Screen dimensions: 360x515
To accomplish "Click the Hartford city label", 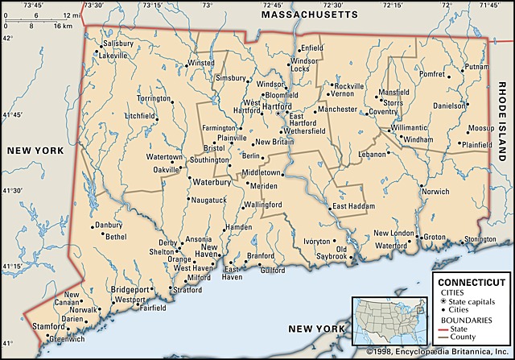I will pyautogui.click(x=277, y=106).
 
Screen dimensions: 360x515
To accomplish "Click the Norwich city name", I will pyautogui.click(x=435, y=192).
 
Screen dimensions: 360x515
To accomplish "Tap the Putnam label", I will pyautogui.click(x=476, y=66).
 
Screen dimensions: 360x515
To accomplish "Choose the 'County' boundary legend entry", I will pyautogui.click(x=470, y=337).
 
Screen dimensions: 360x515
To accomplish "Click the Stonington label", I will pyautogui.click(x=480, y=239).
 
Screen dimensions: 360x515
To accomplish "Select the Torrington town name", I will pyautogui.click(x=154, y=98).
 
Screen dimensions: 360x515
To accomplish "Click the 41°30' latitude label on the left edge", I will pyautogui.click(x=12, y=191).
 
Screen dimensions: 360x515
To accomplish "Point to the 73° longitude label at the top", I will pyautogui.click(x=208, y=5).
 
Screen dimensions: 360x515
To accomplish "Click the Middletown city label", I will pyautogui.click(x=262, y=172).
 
